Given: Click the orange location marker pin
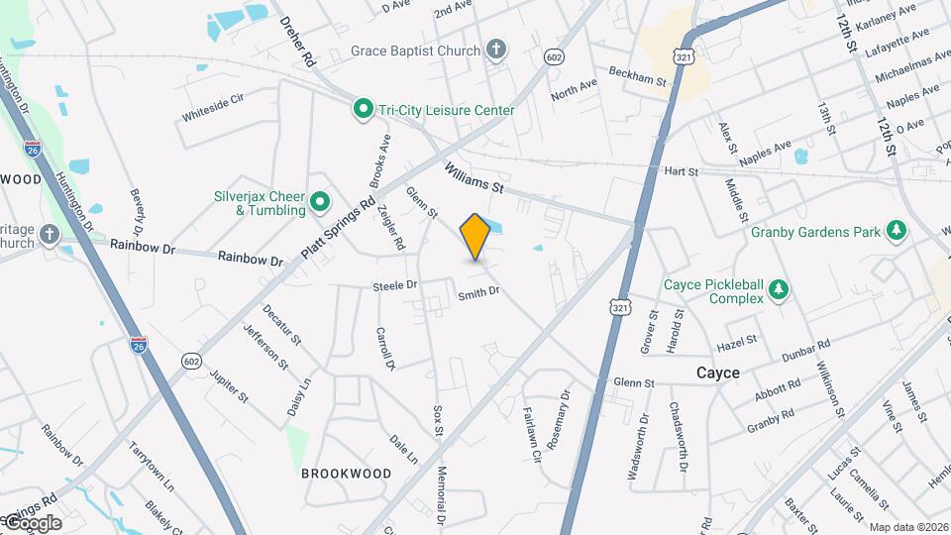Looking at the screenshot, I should pos(475,237).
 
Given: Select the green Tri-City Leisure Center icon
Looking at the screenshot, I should pos(364,110).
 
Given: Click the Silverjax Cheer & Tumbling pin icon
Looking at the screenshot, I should pos(320,203).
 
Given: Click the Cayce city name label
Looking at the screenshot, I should pos(718,373).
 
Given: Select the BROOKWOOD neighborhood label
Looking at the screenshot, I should pos(346,474).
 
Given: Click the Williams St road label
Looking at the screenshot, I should pos(475,177).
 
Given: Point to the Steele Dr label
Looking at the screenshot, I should pos(394,285).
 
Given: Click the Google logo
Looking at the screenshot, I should pos(33,522).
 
